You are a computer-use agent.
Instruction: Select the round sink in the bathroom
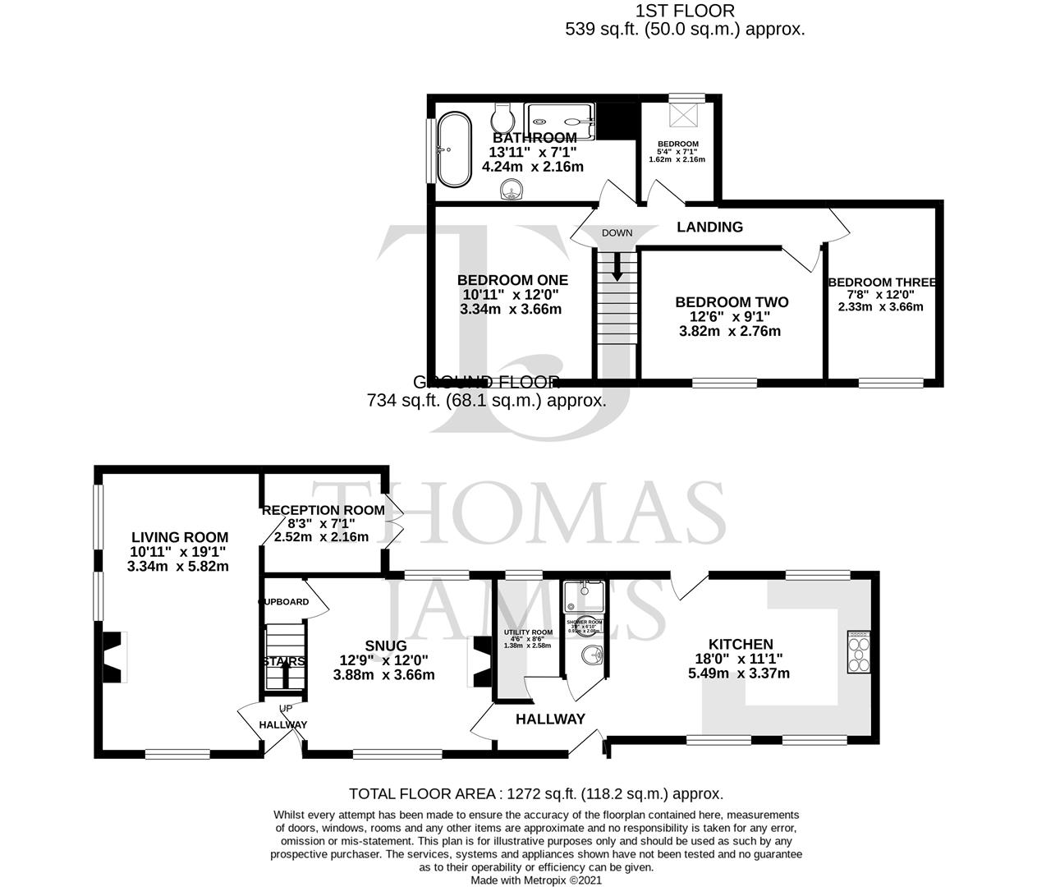click(512, 191)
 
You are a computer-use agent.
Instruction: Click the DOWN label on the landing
click(617, 232)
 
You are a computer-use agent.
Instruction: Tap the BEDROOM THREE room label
click(881, 282)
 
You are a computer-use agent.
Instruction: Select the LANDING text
click(709, 227)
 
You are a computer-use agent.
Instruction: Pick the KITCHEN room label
click(741, 645)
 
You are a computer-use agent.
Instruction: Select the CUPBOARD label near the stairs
click(284, 601)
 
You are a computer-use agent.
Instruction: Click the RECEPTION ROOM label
click(323, 510)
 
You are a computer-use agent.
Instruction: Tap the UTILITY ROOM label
click(528, 632)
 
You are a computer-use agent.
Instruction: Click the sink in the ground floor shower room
click(590, 656)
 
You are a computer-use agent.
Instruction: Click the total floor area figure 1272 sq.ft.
click(535, 793)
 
